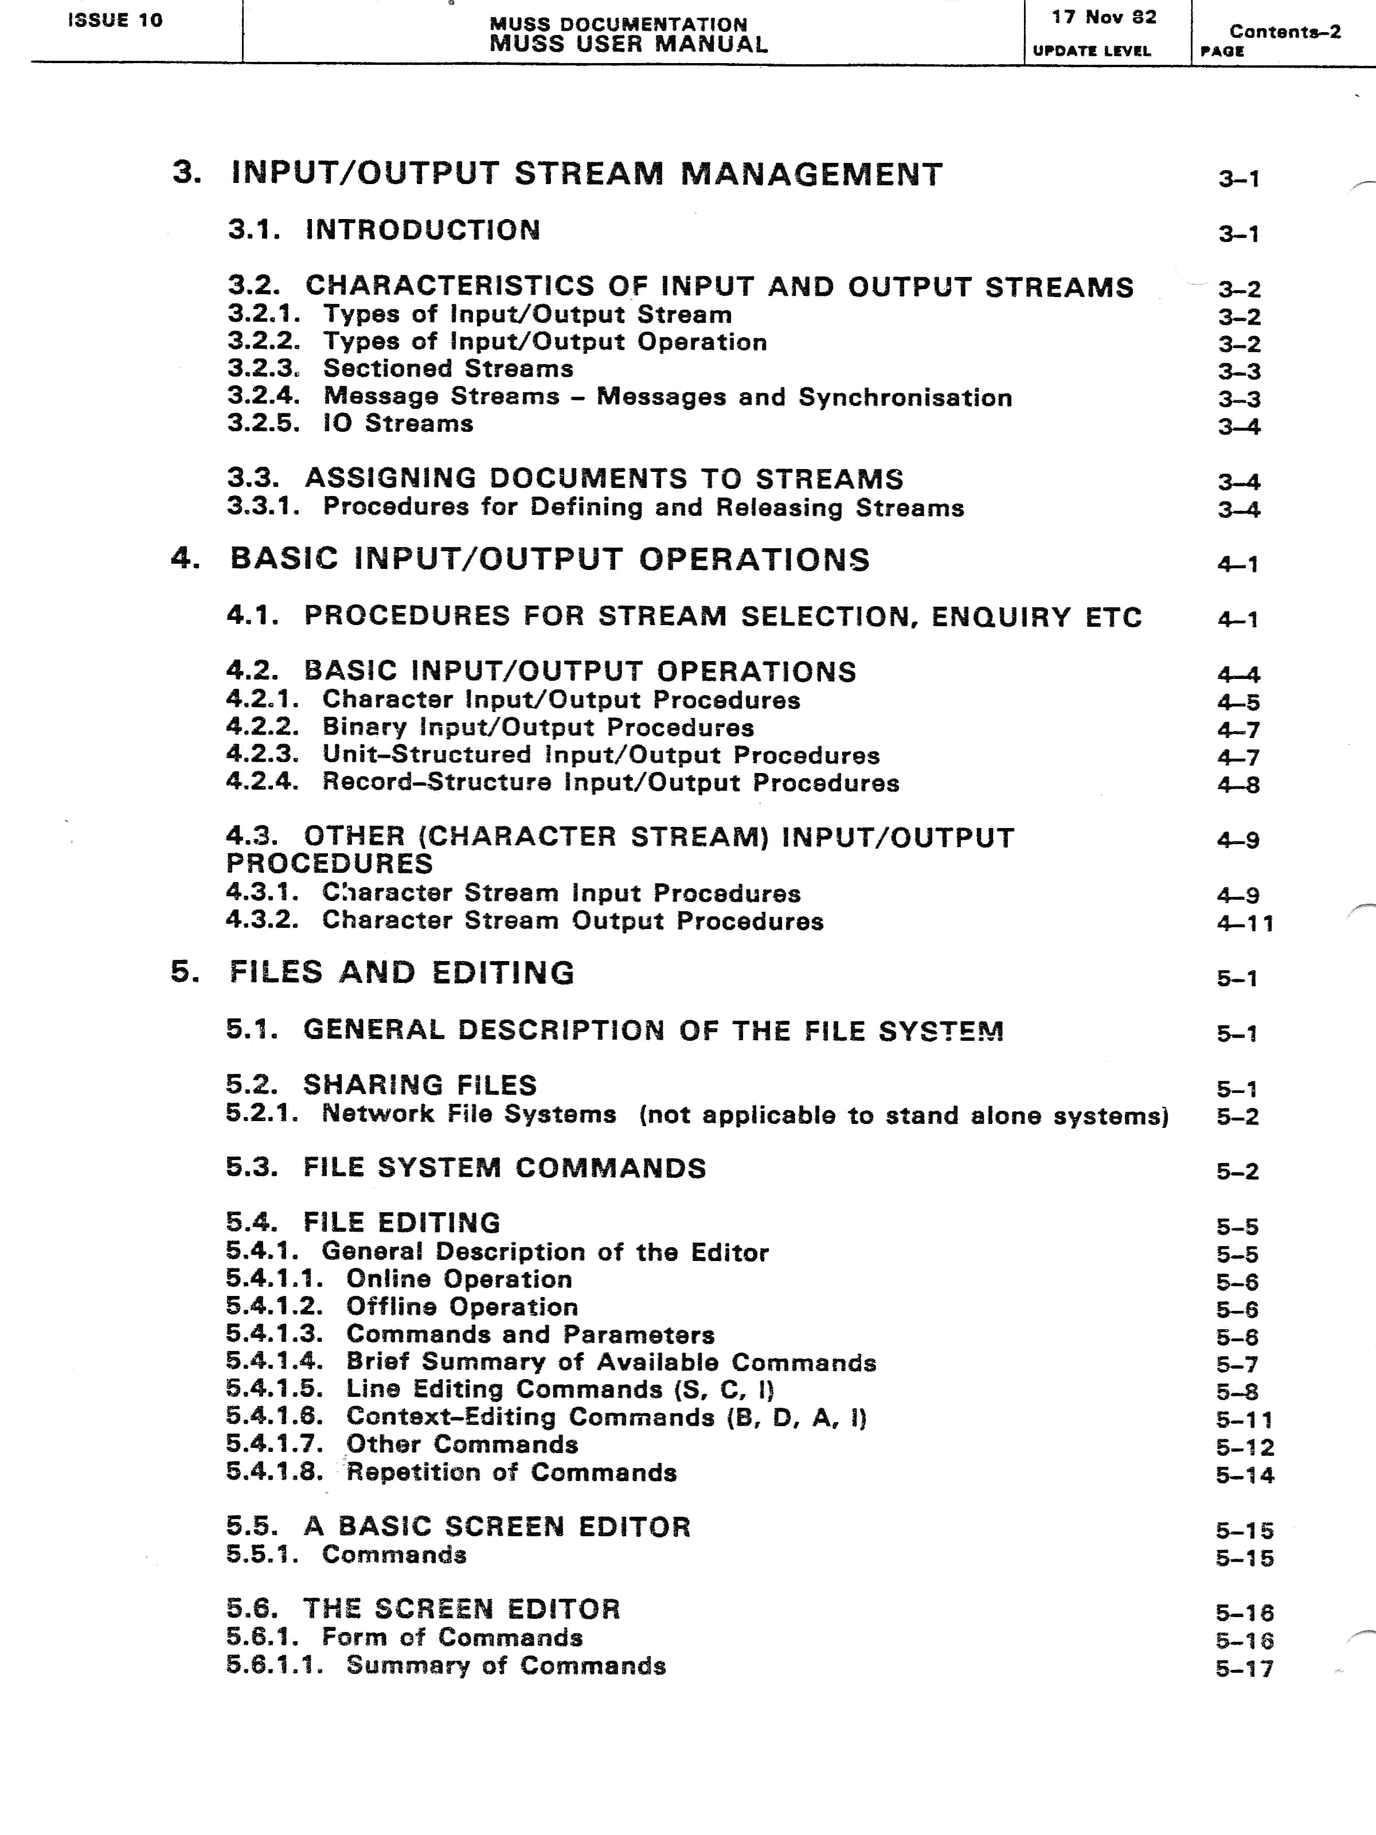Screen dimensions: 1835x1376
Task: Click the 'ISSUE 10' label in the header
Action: (x=115, y=20)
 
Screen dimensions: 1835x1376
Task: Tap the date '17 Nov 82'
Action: (x=1104, y=17)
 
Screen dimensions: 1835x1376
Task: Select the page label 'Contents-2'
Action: (x=1285, y=32)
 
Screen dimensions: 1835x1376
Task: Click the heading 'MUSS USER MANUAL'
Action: (x=628, y=44)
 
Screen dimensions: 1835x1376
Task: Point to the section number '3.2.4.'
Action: (x=264, y=397)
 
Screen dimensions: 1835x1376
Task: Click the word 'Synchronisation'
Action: (x=905, y=397)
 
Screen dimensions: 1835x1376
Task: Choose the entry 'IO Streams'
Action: (x=398, y=424)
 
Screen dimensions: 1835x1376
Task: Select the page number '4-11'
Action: (x=1245, y=923)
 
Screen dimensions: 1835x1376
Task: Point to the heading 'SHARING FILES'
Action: (x=420, y=1085)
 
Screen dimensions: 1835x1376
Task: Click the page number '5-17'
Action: (x=1244, y=1668)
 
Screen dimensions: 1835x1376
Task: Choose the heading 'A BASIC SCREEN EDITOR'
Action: (x=497, y=1526)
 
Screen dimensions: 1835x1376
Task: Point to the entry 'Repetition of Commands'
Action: (x=511, y=1473)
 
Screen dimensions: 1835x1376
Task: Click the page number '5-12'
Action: (x=1244, y=1447)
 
